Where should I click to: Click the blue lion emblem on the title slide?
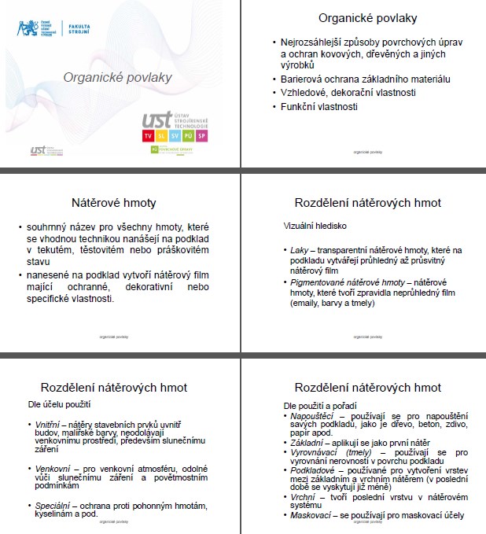click(28, 29)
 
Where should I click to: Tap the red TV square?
click(148, 136)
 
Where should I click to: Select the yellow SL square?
click(161, 136)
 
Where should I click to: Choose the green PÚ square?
click(188, 136)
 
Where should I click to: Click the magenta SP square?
click(201, 136)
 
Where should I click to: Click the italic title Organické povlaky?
click(117, 77)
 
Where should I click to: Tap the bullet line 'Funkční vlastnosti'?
click(319, 106)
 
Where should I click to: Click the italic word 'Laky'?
click(298, 250)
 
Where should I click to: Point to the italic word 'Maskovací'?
click(311, 515)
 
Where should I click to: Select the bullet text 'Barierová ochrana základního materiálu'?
click(365, 79)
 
